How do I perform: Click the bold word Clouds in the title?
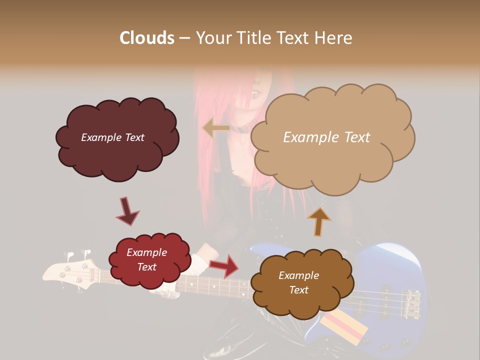[x=147, y=38]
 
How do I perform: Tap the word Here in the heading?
[x=333, y=38]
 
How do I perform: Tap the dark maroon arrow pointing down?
[x=127, y=211]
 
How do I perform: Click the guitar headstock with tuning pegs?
[x=67, y=270]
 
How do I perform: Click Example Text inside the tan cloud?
[x=326, y=137]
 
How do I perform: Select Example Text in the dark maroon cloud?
[x=112, y=137]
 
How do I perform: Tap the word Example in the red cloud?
[x=147, y=253]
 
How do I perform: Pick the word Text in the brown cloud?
[x=299, y=290]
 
